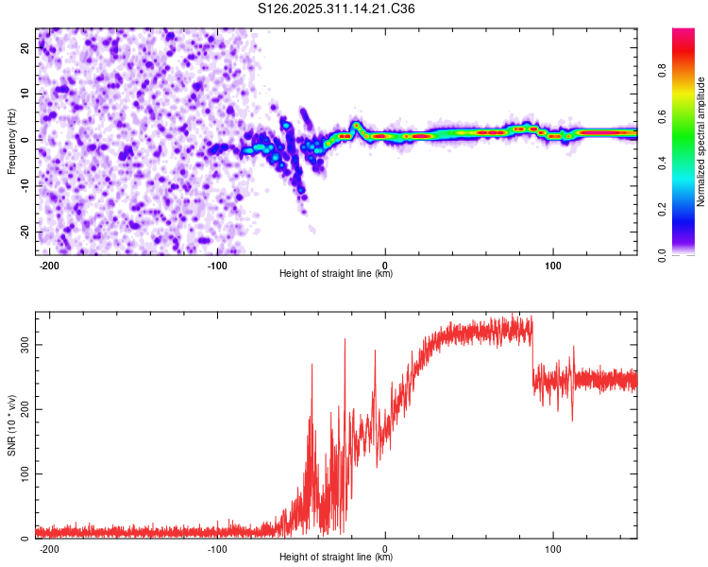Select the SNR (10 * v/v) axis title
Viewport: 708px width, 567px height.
11,425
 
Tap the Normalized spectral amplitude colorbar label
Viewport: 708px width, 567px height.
701,143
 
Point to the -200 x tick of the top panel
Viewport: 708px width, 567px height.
50,264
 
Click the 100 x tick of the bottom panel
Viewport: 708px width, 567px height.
552,547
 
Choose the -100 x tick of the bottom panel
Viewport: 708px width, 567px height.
217,547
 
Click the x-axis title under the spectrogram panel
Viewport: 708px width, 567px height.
337,274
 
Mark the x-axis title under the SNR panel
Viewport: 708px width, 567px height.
337,558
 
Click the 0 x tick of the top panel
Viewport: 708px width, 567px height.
385,264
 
